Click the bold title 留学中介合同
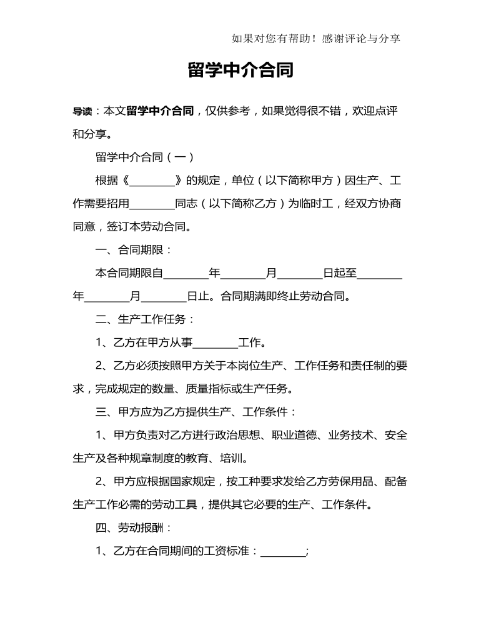coord(241,70)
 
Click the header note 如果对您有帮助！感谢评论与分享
coord(315,39)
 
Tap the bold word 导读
coord(82,111)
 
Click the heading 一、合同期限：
coord(134,250)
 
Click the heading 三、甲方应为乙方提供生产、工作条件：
coord(196,411)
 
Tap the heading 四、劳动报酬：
coord(134,527)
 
